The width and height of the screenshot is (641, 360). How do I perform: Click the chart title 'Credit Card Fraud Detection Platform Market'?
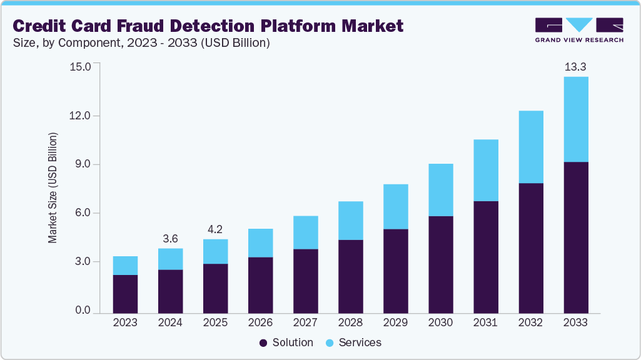208,26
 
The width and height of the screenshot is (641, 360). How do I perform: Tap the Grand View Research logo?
579,30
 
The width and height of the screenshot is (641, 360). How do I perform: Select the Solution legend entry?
286,342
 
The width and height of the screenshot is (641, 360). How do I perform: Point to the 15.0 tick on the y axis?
81,66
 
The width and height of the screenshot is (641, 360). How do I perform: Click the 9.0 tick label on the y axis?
83,164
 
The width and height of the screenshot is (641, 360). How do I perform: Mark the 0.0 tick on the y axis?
83,311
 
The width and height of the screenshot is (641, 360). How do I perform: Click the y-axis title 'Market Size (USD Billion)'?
53,187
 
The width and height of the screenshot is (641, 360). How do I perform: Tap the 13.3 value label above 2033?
576,66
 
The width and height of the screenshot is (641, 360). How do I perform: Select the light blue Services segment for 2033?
576,119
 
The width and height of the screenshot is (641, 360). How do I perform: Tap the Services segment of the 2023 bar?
125,266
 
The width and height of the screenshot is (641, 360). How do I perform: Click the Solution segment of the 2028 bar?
350,276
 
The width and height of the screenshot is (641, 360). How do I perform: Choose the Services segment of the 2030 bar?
440,190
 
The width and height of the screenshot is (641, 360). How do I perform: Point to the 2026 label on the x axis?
260,323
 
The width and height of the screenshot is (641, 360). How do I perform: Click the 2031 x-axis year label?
485,323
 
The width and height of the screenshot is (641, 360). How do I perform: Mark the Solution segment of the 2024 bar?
170,291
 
